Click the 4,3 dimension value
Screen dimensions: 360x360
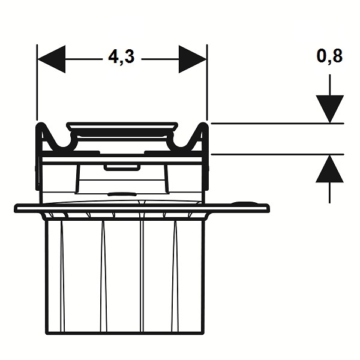(121, 57)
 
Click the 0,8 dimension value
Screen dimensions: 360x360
(329, 56)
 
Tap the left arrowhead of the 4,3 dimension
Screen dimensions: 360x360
(51, 59)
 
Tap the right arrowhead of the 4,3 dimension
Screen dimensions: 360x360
(193, 59)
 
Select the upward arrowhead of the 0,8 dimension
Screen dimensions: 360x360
(329, 169)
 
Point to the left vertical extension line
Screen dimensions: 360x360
(37, 82)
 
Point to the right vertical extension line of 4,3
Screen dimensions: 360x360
(207, 82)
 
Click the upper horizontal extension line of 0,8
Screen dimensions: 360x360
(277, 124)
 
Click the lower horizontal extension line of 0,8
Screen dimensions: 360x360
(277, 155)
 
